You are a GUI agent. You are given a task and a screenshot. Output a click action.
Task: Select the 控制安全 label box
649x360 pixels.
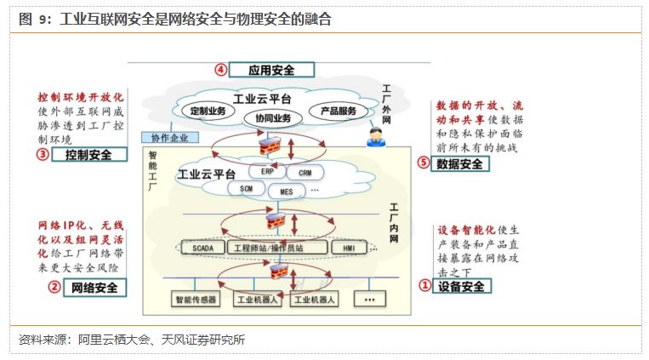tap(88, 154)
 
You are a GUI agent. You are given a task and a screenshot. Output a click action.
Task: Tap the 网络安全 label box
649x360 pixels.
tap(88, 288)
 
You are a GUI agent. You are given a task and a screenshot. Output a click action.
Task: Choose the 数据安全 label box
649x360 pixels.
tap(459, 163)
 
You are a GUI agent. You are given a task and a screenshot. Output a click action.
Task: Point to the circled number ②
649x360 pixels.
tap(54, 288)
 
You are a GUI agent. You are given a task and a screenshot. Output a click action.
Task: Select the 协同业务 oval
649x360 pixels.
tap(272, 117)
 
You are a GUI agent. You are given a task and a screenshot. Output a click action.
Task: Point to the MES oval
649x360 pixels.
tap(286, 191)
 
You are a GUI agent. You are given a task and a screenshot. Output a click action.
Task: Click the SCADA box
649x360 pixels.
tap(203, 248)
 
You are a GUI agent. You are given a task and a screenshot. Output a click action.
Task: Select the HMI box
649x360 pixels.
tap(349, 248)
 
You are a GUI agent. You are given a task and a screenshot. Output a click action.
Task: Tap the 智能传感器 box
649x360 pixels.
tap(196, 300)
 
